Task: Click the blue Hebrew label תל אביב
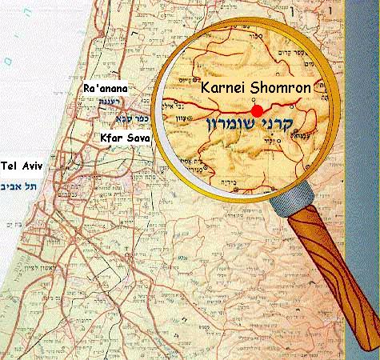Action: point(23,185)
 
